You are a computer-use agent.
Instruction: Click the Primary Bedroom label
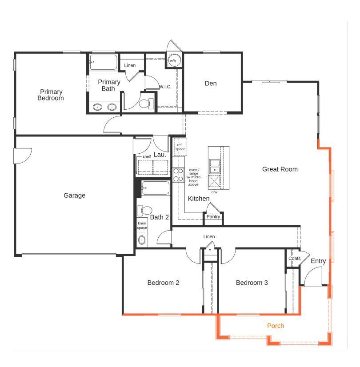50,95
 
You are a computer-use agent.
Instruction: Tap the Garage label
74,195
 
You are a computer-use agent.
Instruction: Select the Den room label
211,84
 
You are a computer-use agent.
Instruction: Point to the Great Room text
280,169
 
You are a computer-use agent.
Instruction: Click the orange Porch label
275,326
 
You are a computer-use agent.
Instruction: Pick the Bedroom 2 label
163,283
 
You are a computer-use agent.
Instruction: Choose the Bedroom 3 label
252,283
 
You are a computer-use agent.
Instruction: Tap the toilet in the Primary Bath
144,104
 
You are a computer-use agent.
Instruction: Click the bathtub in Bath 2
156,189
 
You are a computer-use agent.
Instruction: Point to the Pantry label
213,217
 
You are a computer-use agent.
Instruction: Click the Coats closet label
294,259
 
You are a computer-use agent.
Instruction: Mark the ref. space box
180,147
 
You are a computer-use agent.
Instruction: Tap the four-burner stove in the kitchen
179,175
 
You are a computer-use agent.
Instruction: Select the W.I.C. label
165,87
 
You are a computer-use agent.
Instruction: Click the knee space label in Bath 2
142,225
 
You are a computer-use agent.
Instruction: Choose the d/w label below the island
214,192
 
